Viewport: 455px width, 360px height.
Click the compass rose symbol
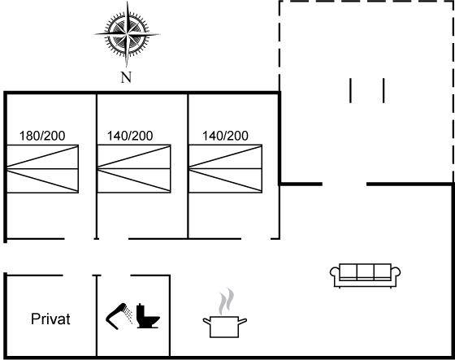click(x=127, y=35)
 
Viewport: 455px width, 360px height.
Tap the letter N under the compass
click(x=126, y=77)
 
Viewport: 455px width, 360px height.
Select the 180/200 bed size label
click(x=42, y=136)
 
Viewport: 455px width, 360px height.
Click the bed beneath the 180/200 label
click(x=42, y=169)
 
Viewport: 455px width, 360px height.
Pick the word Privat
click(x=50, y=319)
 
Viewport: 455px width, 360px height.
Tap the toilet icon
click(x=148, y=316)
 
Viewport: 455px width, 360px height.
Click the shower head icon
click(x=119, y=316)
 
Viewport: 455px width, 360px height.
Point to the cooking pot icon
click(x=225, y=327)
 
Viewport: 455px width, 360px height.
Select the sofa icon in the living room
click(x=366, y=275)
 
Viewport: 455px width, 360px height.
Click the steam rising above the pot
click(x=227, y=301)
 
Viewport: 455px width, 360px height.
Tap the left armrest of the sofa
click(x=335, y=275)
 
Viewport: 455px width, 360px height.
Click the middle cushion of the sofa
click(x=366, y=271)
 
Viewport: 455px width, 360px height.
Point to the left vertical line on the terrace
click(x=350, y=90)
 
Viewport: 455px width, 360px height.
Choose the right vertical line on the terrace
click(x=383, y=90)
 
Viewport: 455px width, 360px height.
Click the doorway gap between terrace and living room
click(x=344, y=184)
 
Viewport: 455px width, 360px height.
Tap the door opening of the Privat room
click(x=78, y=275)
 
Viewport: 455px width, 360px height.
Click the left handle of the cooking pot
click(x=206, y=321)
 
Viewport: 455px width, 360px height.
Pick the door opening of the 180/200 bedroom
click(x=80, y=239)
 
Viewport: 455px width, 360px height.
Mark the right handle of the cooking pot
click(x=243, y=321)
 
